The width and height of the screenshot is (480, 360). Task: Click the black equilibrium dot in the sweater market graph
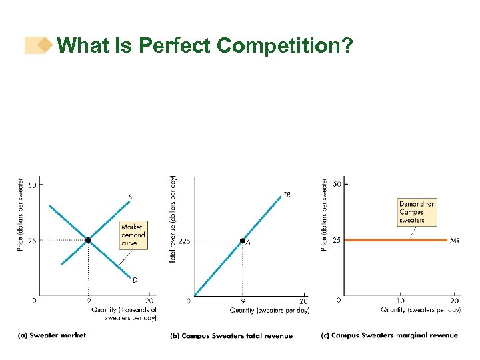(x=88, y=240)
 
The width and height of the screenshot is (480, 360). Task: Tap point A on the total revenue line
(x=243, y=241)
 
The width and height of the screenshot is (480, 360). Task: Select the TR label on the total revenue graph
(x=287, y=195)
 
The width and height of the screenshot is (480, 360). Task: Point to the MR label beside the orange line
(x=455, y=240)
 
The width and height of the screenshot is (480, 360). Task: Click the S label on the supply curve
(x=130, y=197)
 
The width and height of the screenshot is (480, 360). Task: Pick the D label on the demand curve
(x=135, y=280)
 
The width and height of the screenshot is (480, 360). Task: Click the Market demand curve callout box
(x=133, y=235)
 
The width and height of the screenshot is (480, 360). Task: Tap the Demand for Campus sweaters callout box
(x=417, y=211)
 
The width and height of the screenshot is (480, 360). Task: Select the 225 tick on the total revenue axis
(x=184, y=241)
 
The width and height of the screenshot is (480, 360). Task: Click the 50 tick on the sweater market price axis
(x=32, y=185)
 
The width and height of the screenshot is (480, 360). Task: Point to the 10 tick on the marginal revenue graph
(x=400, y=301)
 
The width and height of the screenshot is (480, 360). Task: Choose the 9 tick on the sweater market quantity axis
(x=88, y=301)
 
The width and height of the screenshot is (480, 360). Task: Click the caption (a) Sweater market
(x=52, y=335)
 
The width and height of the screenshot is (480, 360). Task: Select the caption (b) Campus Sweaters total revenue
(x=231, y=335)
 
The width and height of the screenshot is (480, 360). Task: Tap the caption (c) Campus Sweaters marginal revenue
(x=389, y=335)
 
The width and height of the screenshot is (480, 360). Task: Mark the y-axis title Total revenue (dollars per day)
(x=173, y=219)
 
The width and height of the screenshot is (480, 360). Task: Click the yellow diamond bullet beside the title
(x=45, y=45)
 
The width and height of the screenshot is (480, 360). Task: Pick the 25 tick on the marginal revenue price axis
(x=337, y=240)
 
